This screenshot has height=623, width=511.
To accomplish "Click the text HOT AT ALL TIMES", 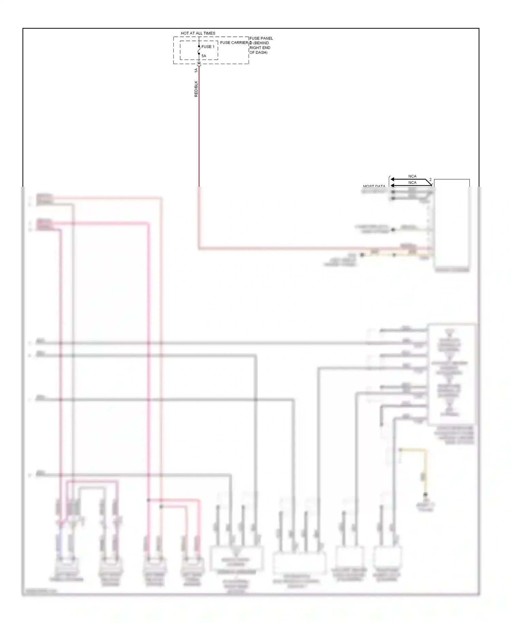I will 198,33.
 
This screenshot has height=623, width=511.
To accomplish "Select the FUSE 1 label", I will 208,47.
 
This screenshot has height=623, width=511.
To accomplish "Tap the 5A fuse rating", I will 204,56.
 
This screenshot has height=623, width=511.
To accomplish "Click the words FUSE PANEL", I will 261,39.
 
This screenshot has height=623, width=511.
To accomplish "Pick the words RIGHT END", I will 260,48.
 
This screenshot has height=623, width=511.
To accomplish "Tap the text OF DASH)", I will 259,52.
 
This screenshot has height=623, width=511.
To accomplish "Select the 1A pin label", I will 196,71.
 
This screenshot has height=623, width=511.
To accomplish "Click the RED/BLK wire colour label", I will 196,89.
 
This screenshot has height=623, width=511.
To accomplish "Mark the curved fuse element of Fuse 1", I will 199,50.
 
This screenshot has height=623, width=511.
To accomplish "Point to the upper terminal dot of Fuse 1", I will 199,46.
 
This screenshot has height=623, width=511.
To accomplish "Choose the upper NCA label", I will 412,176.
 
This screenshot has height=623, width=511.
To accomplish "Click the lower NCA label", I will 412,183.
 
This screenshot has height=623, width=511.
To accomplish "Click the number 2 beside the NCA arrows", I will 430,180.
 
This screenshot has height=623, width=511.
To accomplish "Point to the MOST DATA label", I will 374,186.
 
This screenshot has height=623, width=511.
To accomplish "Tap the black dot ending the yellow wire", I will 425,494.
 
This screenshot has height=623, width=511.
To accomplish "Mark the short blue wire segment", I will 61,538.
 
